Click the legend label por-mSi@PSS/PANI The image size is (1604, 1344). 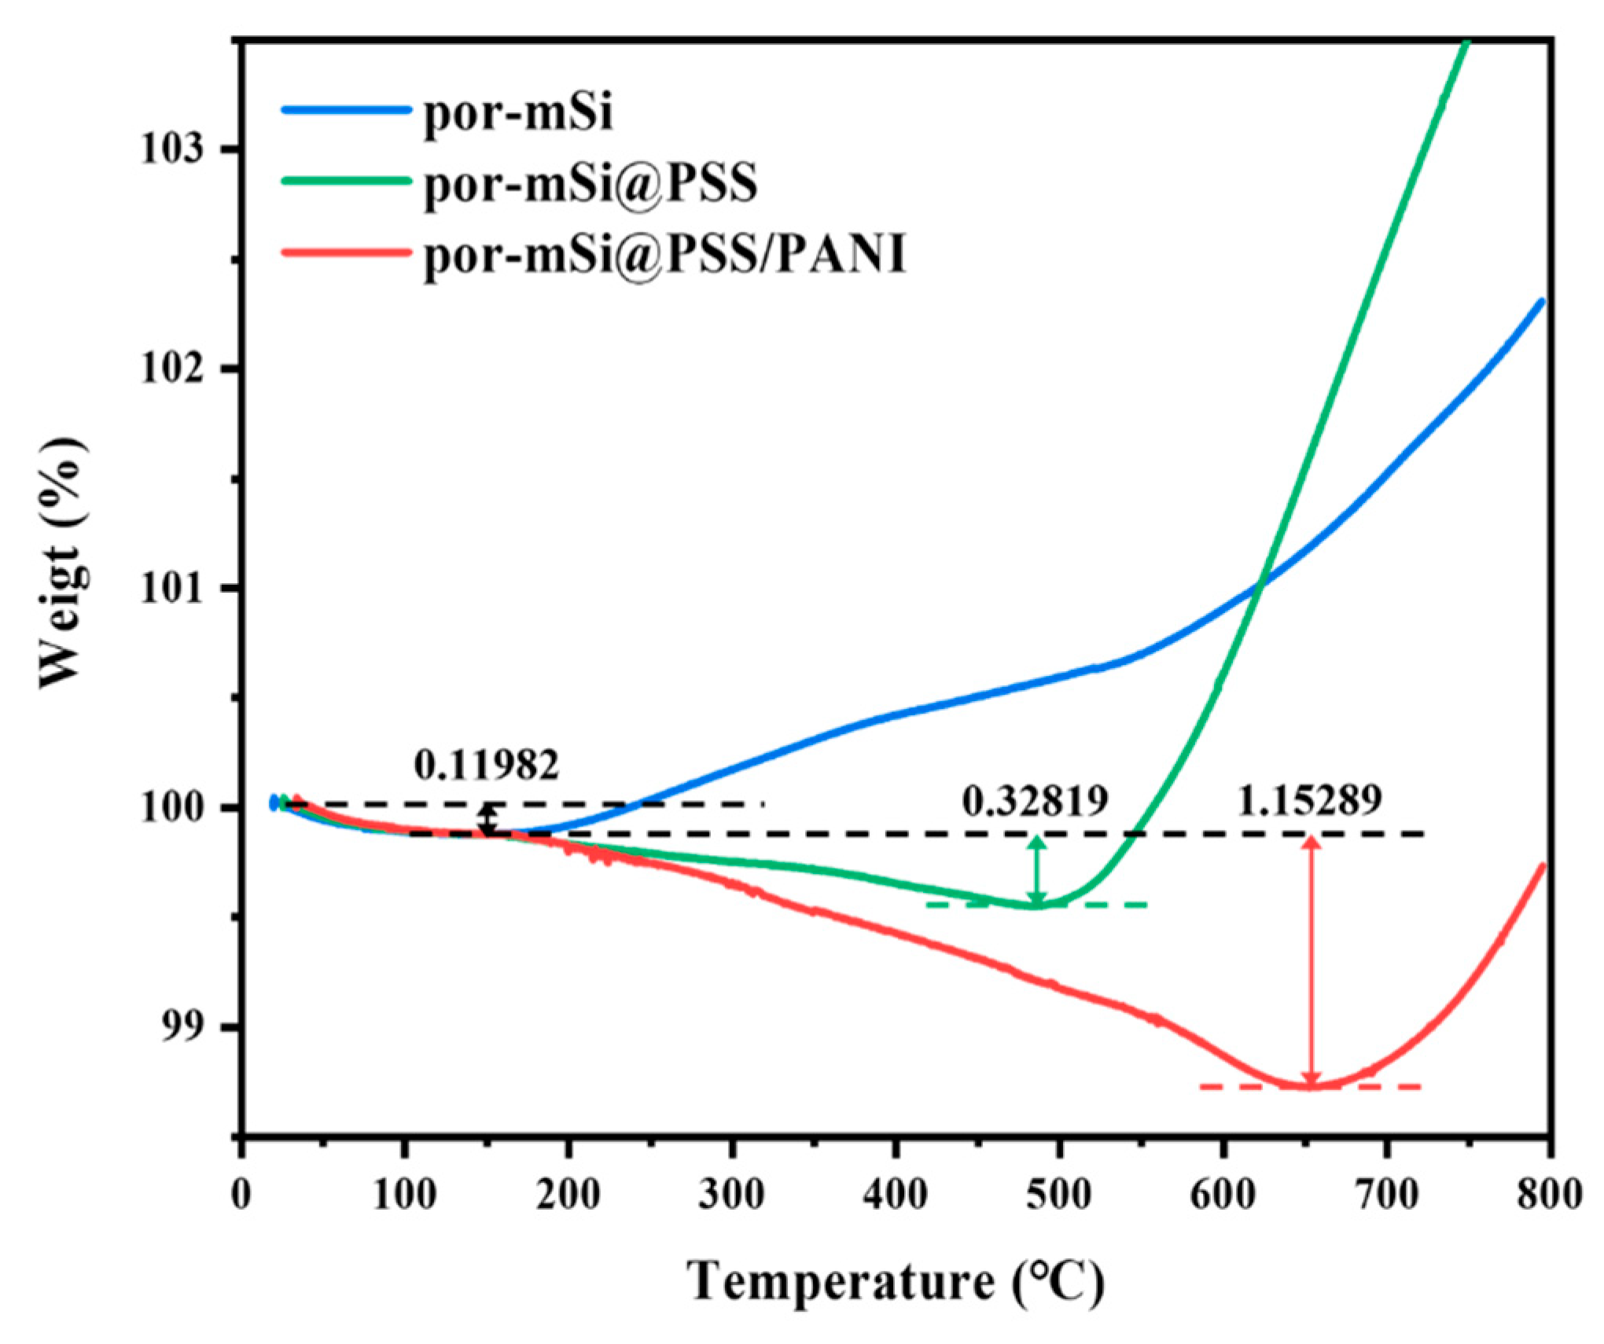click(665, 254)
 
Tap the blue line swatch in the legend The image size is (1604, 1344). click(347, 111)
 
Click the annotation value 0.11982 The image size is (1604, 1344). click(487, 765)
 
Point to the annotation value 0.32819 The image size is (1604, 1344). click(1035, 801)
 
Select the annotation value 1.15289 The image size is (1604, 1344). click(1309, 801)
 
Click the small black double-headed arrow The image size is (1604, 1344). click(488, 819)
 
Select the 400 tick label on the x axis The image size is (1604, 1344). click(896, 1195)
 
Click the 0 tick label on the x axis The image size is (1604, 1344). click(241, 1195)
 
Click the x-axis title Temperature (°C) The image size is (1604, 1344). click(896, 1281)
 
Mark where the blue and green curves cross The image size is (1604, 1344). click(1260, 582)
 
